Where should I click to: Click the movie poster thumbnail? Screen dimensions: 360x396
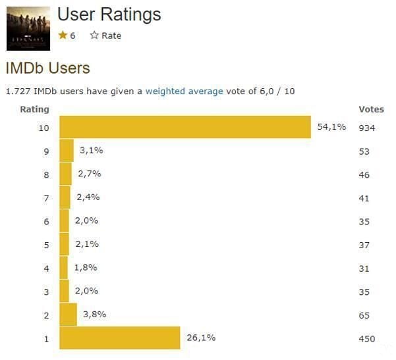tap(28, 28)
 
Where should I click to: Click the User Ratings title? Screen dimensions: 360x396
tap(109, 14)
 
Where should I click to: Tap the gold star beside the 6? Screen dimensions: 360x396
tap(63, 36)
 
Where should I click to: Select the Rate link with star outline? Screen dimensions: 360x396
tap(105, 36)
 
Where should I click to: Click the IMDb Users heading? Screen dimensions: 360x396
tap(47, 67)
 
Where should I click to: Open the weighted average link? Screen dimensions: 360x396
tap(184, 91)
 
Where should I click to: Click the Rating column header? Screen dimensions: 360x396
tap(34, 109)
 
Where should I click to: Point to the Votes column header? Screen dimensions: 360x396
tap(371, 109)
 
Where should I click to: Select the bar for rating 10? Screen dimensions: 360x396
tap(185, 127)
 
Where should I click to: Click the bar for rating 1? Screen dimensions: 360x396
tap(119, 338)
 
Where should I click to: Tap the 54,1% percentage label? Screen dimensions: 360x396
tap(331, 127)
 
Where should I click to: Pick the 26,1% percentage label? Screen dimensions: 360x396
tap(201, 338)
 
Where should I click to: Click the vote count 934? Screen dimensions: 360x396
tap(366, 128)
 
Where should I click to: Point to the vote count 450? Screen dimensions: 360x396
tap(366, 339)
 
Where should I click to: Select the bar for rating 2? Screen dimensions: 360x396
tap(68, 315)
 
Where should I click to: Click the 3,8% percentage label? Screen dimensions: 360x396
tap(94, 314)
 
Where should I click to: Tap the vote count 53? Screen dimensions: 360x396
tap(364, 151)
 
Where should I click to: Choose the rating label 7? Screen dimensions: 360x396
tap(46, 198)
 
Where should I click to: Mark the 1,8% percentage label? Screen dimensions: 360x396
tap(86, 267)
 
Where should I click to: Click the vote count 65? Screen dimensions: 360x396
tap(364, 316)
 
